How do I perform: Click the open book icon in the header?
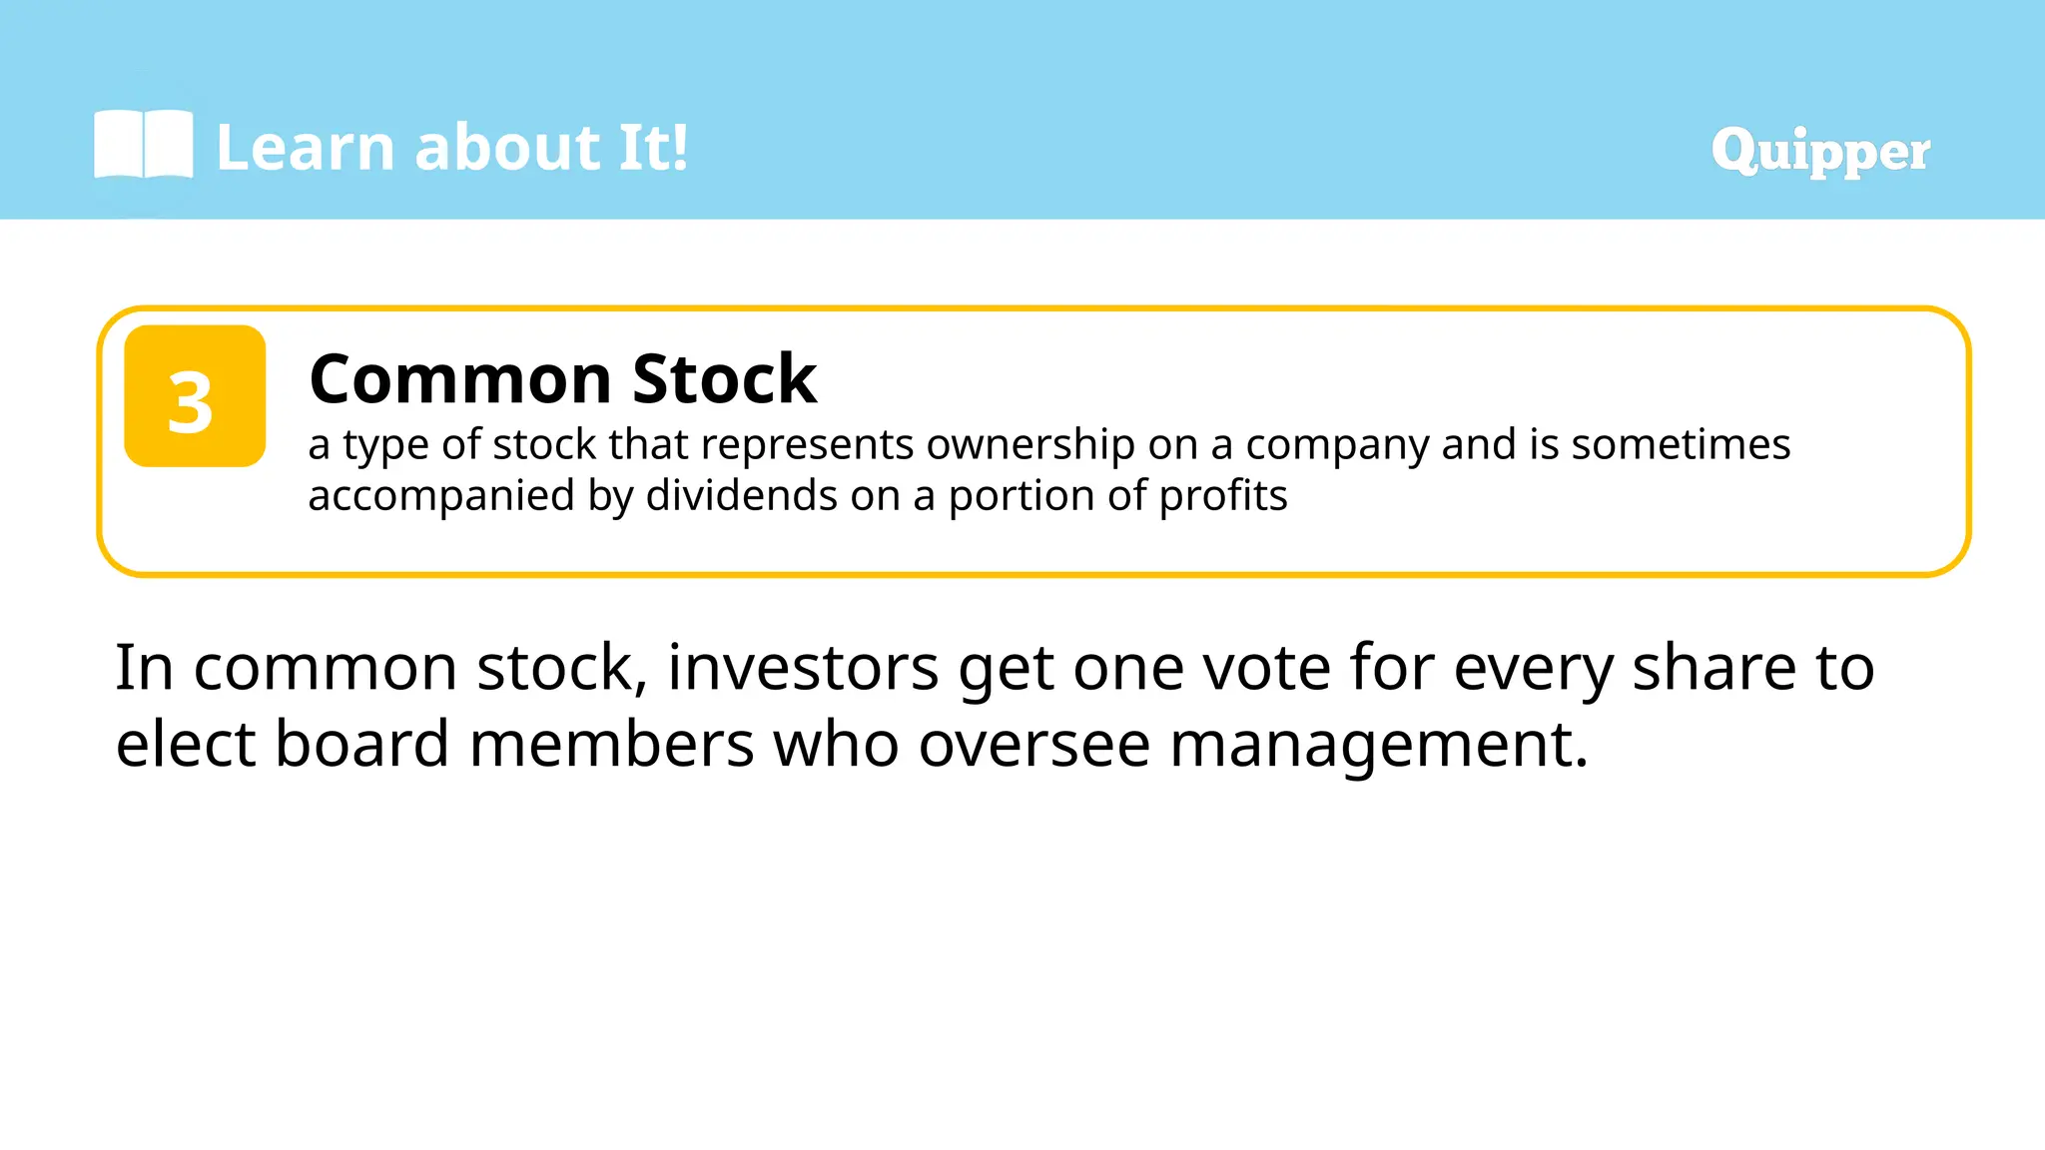tap(143, 145)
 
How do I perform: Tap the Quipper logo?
tap(1819, 151)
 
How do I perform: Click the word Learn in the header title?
tap(306, 148)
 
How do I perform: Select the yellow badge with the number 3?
tap(195, 396)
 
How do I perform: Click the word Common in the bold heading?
tap(460, 379)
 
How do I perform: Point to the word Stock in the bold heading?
tap(724, 379)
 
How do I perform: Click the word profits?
tap(1223, 496)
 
